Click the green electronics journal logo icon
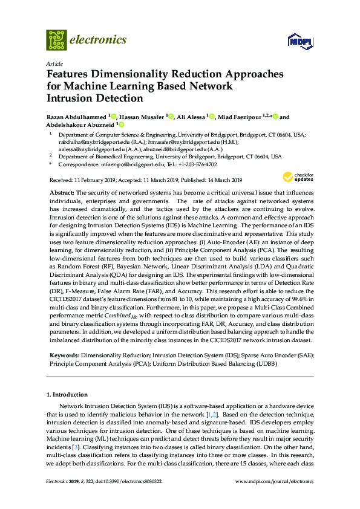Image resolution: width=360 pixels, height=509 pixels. click(56, 40)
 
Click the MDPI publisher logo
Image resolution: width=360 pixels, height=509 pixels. click(300, 41)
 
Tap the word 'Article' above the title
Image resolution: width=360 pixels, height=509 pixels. click(54, 63)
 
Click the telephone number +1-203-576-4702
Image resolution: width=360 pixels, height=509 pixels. click(194, 164)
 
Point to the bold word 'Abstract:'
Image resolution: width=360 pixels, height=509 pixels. click(62, 192)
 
